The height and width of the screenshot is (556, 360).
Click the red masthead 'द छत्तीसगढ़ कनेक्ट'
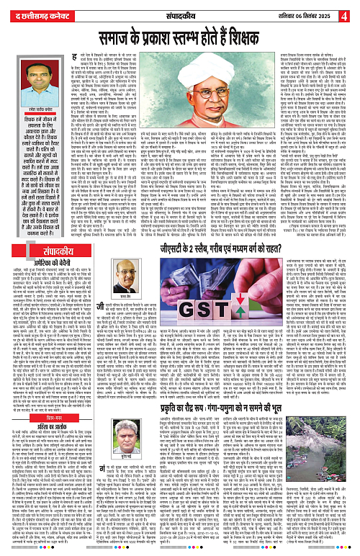point(40,10)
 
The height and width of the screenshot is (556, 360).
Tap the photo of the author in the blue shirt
point(27,84)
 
